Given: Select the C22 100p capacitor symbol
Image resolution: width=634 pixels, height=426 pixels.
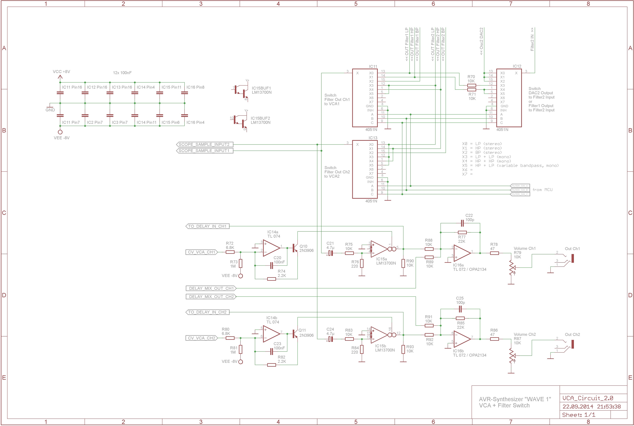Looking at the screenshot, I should pos(462,223).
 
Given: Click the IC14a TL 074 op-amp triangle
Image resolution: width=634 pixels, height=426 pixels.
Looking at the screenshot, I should pos(271,248).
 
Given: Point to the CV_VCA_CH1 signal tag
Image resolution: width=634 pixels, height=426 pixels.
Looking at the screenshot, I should pos(202,252).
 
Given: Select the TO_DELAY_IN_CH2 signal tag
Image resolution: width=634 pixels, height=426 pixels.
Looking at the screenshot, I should pos(207,312).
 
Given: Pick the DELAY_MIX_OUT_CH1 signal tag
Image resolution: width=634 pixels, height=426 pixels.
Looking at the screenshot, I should pos(211,288).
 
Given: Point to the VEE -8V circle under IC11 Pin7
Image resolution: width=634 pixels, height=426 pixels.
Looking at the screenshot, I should pos(60,132).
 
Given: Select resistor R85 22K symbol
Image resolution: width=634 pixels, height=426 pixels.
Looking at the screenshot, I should pos(460,318).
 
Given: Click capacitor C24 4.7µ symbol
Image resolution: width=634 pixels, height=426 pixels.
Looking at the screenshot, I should pos(330,339).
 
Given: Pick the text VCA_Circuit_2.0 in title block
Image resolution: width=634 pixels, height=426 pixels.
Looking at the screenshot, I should pos(588,398).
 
